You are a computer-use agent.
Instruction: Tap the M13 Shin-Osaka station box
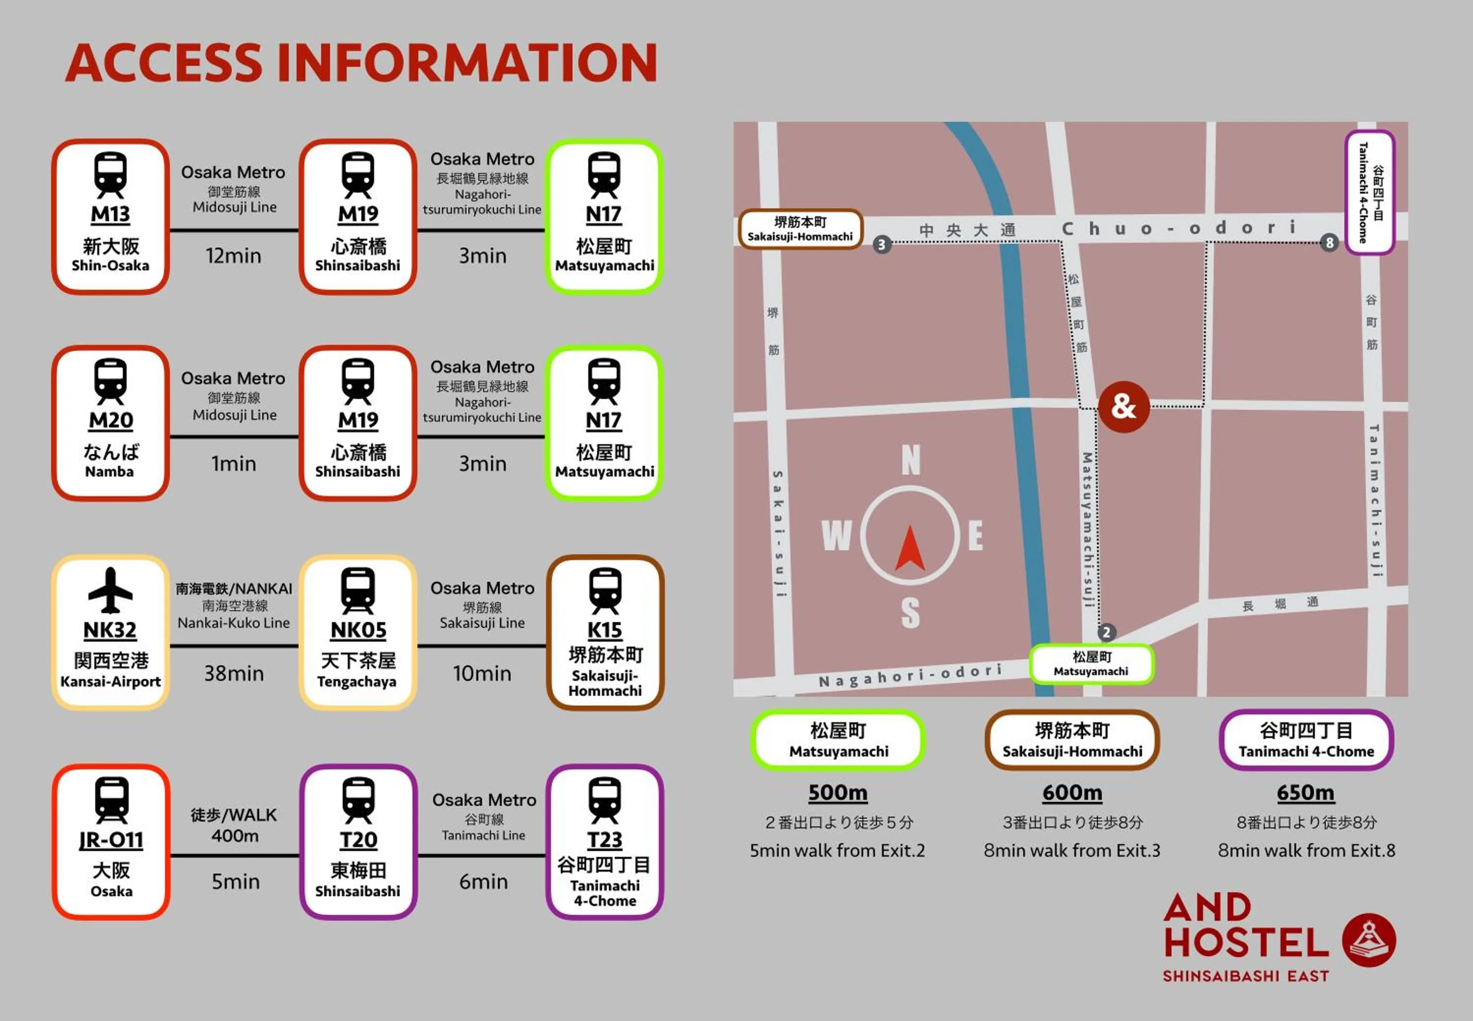(x=110, y=217)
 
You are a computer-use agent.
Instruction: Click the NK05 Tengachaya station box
(x=357, y=632)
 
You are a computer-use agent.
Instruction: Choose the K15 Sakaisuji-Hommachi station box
(x=605, y=632)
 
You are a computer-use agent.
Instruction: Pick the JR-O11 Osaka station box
(x=110, y=842)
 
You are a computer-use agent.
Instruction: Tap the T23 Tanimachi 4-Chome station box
(x=605, y=842)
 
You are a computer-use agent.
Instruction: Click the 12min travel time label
(x=233, y=256)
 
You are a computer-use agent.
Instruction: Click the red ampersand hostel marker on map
(x=1123, y=406)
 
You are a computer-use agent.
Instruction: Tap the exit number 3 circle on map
(x=882, y=244)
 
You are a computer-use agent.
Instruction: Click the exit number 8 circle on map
(x=1330, y=242)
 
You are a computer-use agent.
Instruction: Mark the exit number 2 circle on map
(x=1107, y=632)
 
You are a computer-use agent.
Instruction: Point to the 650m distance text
(x=1306, y=793)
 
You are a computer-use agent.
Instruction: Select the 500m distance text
(x=838, y=793)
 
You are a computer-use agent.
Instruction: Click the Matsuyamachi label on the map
(x=1091, y=664)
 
